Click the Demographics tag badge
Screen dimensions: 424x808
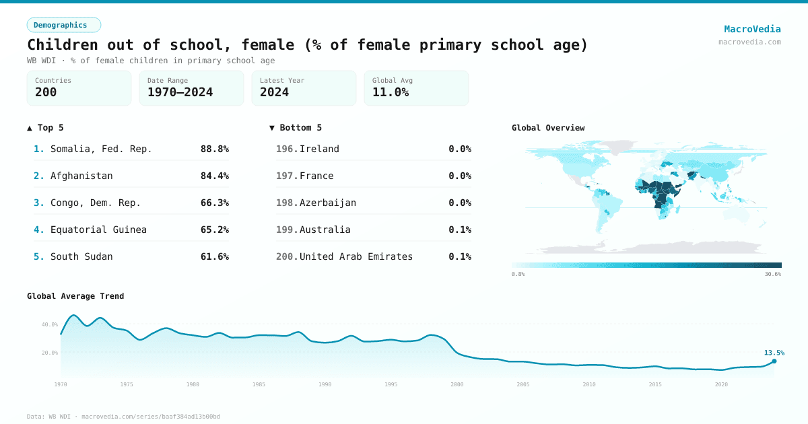63,25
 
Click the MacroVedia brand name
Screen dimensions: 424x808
752,29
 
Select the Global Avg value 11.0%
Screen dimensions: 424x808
391,93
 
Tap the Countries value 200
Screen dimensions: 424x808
46,93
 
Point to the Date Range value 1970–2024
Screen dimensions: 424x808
180,93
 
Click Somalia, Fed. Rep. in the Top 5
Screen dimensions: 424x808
101,149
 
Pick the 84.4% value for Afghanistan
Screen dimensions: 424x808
214,176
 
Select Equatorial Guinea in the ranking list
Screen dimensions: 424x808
98,229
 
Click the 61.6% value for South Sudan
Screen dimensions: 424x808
214,256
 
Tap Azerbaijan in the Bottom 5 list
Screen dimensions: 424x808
327,203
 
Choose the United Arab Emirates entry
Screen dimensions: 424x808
356,256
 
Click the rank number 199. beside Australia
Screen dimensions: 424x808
286,229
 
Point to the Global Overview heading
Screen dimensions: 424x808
547,128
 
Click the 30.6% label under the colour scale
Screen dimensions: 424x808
772,274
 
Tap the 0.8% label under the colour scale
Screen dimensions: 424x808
518,274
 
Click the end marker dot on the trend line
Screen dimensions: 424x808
774,361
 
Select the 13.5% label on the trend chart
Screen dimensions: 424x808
774,353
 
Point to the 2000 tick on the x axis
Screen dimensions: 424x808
457,384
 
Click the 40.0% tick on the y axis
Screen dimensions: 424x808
50,324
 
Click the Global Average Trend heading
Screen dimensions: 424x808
75,296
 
